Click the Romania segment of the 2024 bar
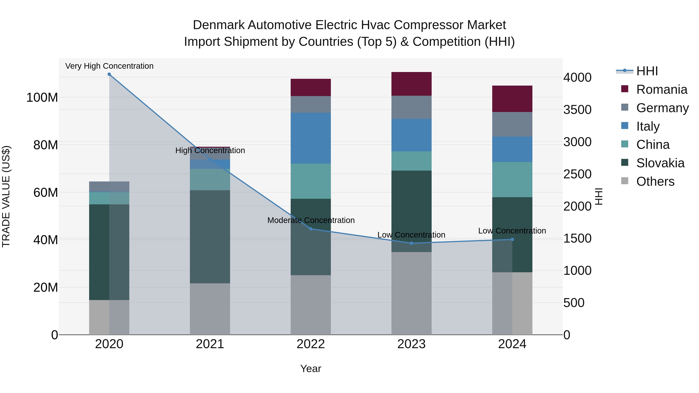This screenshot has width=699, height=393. click(512, 99)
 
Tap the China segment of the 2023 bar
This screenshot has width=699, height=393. click(411, 161)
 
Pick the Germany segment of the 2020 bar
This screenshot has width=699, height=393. click(109, 187)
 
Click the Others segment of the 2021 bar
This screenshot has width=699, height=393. click(210, 309)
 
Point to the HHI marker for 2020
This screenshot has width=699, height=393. click(109, 74)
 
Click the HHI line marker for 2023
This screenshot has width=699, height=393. click(411, 243)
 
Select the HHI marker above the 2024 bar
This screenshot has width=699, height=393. click(512, 239)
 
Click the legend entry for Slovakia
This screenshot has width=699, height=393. click(660, 163)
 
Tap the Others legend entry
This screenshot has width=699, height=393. click(655, 181)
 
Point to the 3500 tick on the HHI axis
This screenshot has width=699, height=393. click(577, 110)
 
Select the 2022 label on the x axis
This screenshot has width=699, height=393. click(311, 344)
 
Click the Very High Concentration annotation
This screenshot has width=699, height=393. click(109, 66)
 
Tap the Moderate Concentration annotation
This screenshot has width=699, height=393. click(311, 220)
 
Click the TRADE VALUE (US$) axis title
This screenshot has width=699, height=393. click(6, 196)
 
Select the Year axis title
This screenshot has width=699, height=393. click(311, 369)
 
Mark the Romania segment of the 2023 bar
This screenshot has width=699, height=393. click(411, 84)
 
